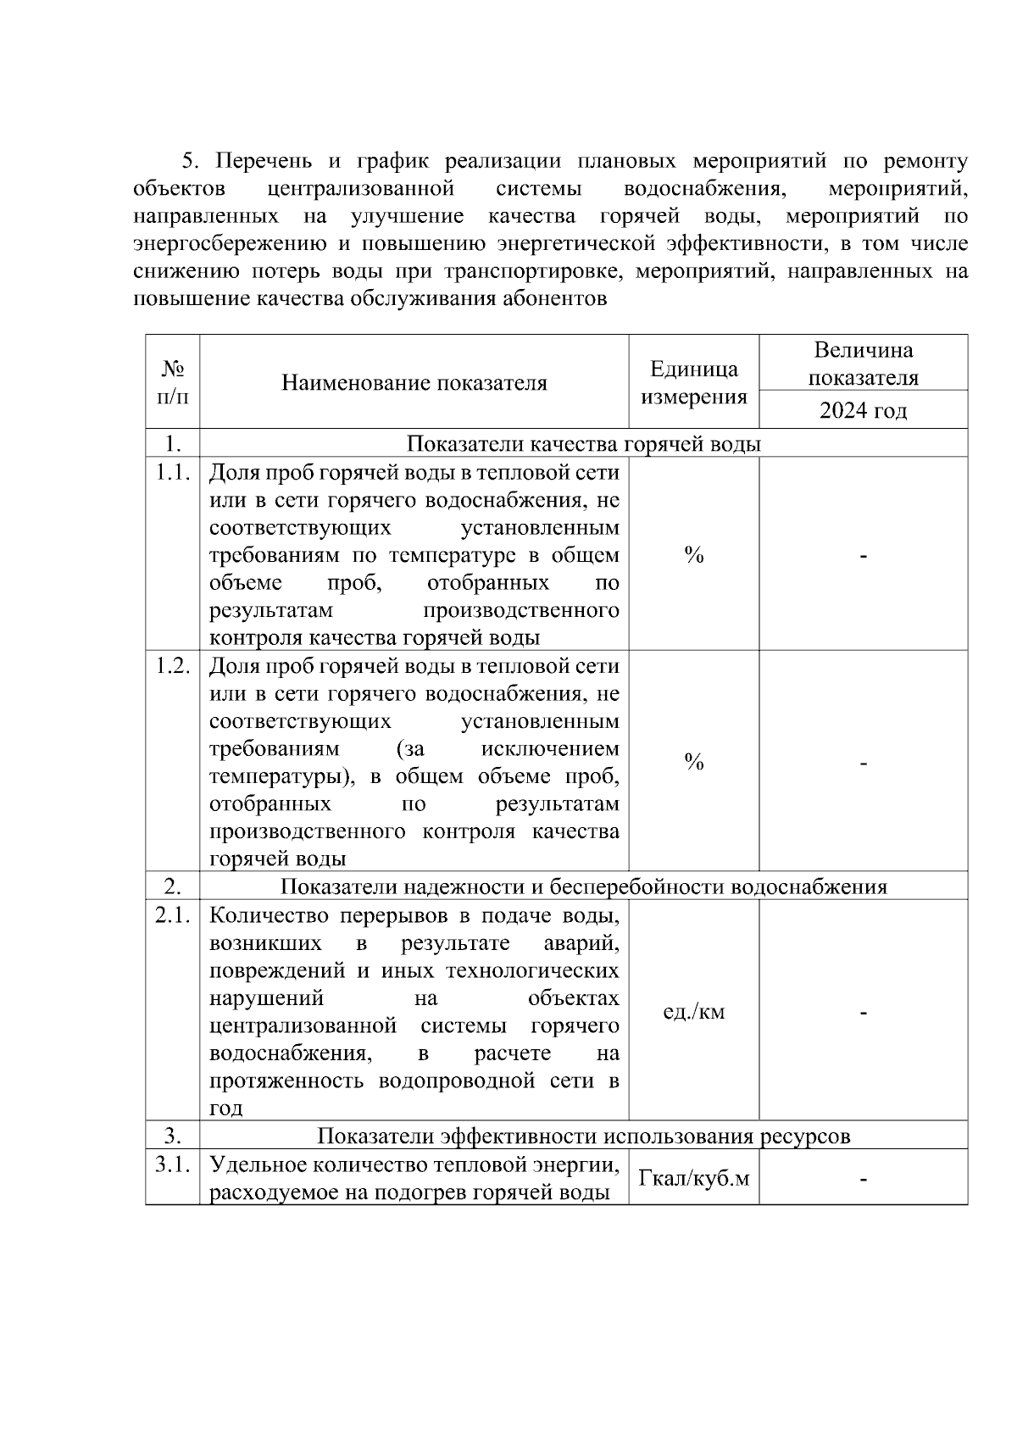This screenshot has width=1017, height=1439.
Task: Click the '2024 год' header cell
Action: pos(863,411)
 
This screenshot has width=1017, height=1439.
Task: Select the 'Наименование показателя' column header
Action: pos(414,383)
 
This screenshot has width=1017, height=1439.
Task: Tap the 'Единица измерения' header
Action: pos(693,382)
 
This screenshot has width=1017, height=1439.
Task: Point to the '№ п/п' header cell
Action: pos(173,382)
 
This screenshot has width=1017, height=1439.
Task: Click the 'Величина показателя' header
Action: pos(863,364)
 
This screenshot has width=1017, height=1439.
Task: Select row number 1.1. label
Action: pos(173,473)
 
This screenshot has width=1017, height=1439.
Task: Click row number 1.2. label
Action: pos(173,666)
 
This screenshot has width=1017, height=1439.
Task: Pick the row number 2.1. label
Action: pos(173,915)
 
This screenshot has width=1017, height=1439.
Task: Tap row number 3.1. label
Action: pos(173,1164)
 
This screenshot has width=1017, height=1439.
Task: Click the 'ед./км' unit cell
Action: pos(693,1012)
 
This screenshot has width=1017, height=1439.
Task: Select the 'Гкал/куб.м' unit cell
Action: pos(693,1178)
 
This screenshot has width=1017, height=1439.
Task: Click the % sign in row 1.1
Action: pos(693,556)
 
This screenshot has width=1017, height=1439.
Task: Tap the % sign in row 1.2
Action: pos(693,763)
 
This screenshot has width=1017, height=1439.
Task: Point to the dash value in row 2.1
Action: pos(863,1012)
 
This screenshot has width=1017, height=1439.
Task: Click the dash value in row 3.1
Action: pos(863,1178)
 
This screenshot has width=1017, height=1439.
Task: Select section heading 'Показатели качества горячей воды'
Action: pos(584,444)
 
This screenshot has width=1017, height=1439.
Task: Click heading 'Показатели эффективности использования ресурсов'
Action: pos(584,1136)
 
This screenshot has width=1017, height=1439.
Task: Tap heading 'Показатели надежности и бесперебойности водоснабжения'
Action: pos(584,887)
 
